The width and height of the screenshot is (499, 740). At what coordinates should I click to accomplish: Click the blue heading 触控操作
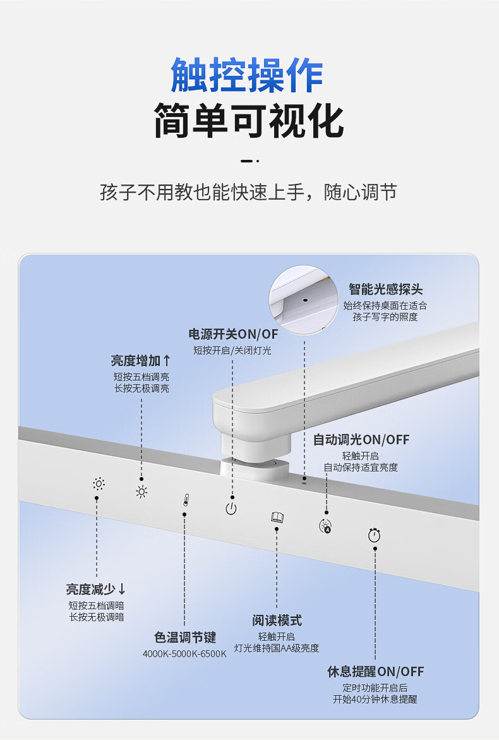coord(248,76)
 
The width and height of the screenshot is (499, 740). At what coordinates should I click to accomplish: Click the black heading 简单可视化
coord(249,121)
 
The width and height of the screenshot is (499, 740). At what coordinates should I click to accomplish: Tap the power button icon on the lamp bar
coord(232,508)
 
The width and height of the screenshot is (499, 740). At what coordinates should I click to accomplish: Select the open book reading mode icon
coord(277,518)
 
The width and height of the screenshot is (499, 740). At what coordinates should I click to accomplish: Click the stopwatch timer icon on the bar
coord(374,535)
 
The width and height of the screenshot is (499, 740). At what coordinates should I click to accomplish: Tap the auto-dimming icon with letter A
coord(325,526)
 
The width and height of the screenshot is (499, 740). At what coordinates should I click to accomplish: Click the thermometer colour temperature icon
coord(185,500)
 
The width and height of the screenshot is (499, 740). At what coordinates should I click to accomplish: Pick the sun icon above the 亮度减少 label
coord(99,484)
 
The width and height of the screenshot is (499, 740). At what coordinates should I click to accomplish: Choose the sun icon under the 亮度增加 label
coord(141,492)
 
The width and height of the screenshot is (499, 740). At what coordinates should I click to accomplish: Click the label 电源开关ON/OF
coord(233,334)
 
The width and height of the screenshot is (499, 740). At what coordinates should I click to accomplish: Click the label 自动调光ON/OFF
coord(361,440)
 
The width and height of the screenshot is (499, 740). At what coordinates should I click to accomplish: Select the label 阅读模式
coord(277,621)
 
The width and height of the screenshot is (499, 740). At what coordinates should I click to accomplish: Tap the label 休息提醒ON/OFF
coord(375,672)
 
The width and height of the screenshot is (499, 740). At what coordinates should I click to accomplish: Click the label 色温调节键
coord(185,638)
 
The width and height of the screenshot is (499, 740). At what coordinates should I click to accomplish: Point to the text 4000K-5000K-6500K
coord(184,653)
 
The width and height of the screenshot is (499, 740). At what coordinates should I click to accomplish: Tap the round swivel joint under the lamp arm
coord(254,468)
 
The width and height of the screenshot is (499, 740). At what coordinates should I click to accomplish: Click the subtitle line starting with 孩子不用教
coord(248,192)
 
